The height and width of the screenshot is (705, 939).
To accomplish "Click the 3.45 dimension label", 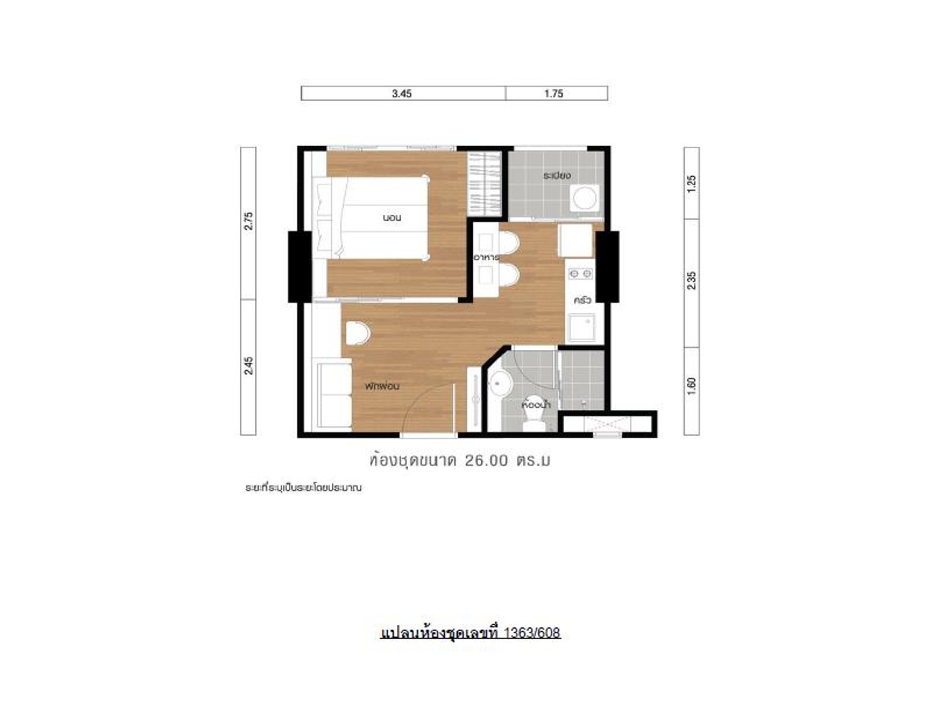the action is pos(402,94).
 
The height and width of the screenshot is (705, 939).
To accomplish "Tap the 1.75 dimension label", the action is pos(554,94).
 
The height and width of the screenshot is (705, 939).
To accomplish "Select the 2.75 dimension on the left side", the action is pos(248,221).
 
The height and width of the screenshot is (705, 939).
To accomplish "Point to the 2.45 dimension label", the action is pos(248,366).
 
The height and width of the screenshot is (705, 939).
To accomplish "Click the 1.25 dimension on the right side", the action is pos(691,184).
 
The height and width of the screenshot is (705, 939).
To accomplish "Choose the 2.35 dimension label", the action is pos(691,281).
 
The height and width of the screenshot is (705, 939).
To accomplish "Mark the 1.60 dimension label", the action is pos(691,386).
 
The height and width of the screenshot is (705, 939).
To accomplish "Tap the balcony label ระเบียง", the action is pos(557,176).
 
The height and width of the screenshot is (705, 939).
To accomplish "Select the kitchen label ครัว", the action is pos(583,300).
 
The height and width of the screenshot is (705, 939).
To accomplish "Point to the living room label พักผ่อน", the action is pos(382,386).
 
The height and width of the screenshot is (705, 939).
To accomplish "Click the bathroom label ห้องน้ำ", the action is pos(537,404).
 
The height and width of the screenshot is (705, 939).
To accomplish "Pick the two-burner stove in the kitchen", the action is pos(580,273).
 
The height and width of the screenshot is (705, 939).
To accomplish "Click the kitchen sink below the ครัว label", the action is pos(582,328).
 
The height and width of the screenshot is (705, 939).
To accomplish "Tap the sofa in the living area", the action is pos(334,398).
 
